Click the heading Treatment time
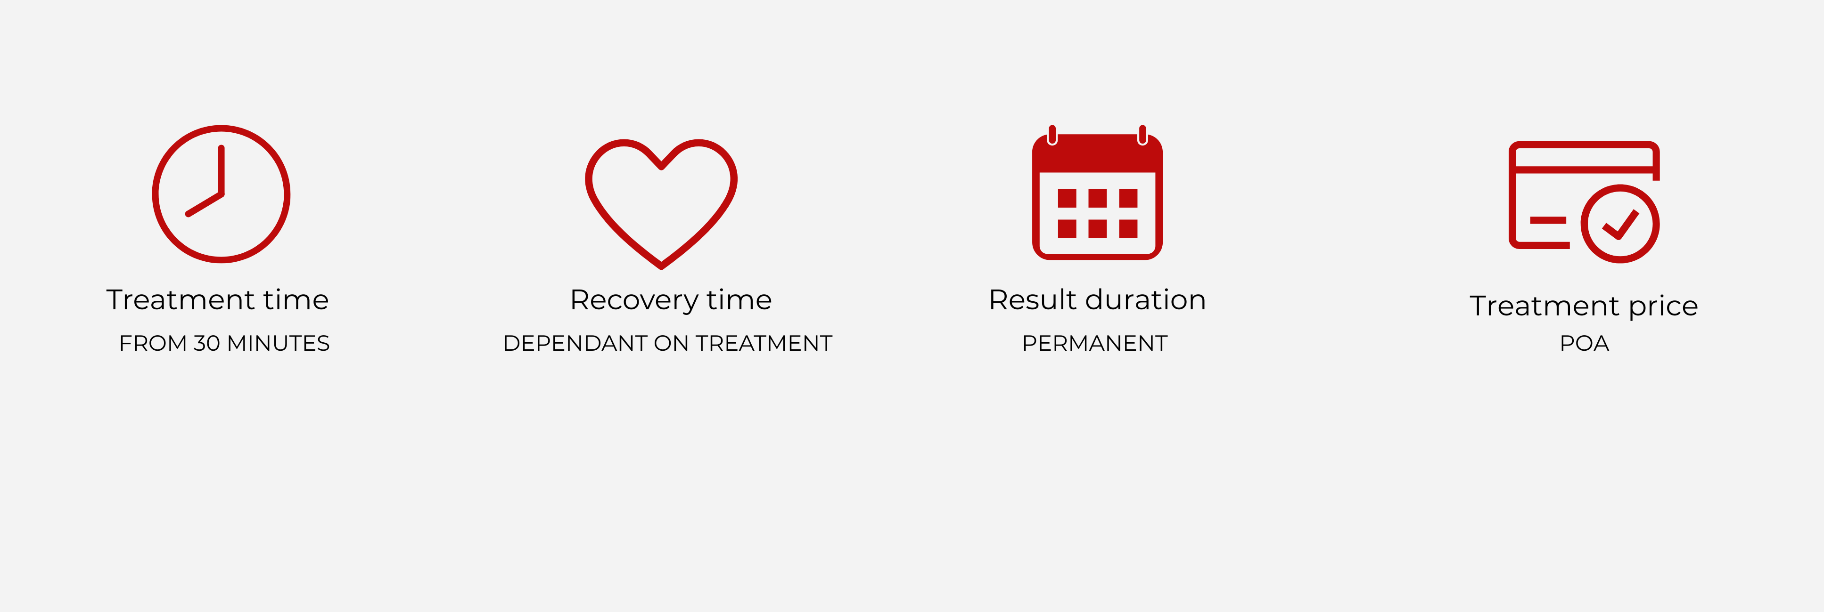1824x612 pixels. (x=217, y=300)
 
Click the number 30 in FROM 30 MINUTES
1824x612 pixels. (x=207, y=343)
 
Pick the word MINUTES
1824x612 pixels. (x=278, y=343)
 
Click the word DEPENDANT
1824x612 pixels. (x=575, y=343)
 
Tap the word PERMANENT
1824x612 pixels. (x=1095, y=343)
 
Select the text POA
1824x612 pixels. (x=1585, y=343)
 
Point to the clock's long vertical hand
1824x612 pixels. (x=222, y=170)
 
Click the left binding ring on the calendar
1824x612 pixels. (x=1052, y=135)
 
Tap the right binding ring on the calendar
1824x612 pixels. (x=1142, y=135)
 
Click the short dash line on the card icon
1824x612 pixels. (x=1548, y=220)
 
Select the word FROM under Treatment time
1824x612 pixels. (x=153, y=343)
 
